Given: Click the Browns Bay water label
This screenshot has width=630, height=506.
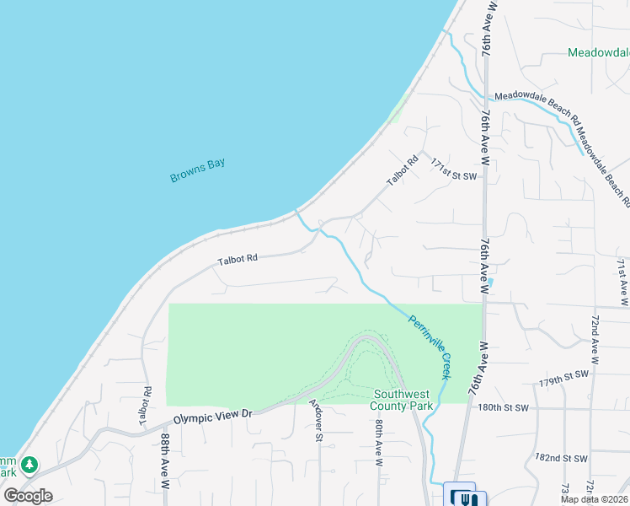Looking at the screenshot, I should [x=198, y=170].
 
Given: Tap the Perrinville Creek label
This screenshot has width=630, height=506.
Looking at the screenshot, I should [x=430, y=347].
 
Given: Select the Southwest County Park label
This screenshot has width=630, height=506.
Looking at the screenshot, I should [x=403, y=400].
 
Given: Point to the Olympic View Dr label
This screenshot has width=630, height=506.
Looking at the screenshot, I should [x=213, y=416].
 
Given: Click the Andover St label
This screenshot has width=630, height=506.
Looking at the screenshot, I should [x=317, y=420].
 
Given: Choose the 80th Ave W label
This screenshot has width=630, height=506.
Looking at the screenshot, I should [x=379, y=444].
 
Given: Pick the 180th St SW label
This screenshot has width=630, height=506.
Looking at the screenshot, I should [x=504, y=407].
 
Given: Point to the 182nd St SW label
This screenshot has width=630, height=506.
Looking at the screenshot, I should [x=561, y=458].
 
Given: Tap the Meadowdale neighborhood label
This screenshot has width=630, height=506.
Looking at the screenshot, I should [x=598, y=52].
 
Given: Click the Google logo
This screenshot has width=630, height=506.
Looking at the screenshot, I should [x=28, y=496].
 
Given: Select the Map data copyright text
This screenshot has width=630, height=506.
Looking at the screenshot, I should [x=594, y=499].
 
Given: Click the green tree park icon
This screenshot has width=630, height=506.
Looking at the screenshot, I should [x=29, y=464].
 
